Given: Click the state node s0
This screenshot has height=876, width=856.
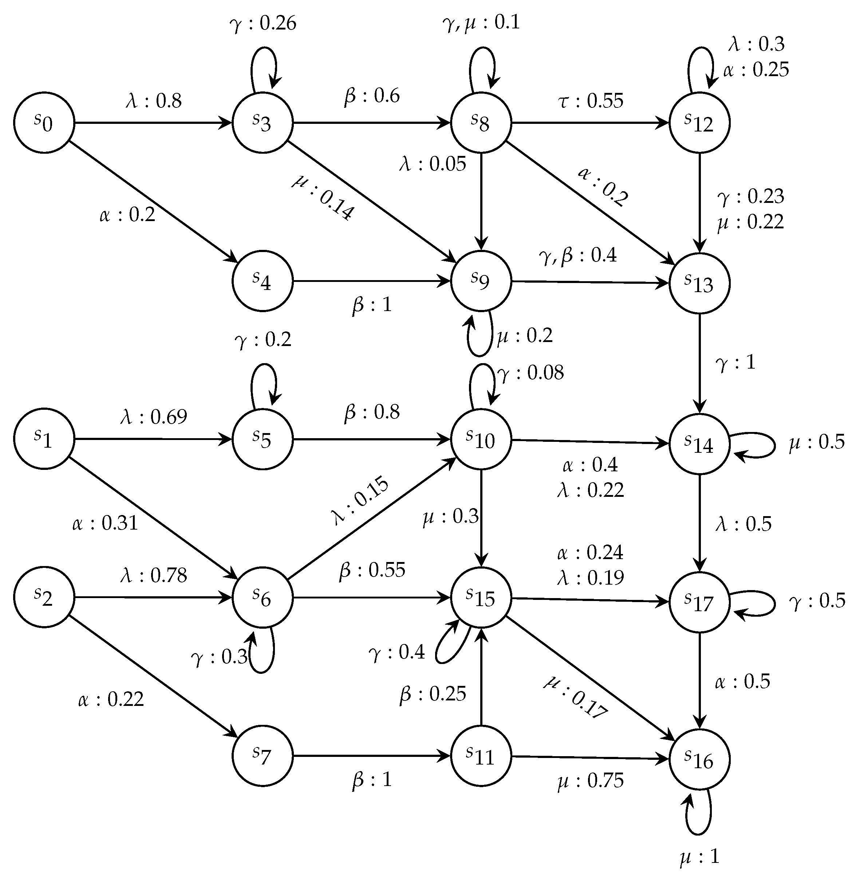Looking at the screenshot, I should point(44,122).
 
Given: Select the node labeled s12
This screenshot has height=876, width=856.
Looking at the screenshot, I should point(699,122).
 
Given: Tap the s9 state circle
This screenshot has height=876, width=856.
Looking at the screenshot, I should point(481,281).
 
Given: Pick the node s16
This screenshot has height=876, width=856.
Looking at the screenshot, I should point(699,759).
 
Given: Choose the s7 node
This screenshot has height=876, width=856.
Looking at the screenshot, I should point(263,756).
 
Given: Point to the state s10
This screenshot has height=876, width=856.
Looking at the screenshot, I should point(481,439).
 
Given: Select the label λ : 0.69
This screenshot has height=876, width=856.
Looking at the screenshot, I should point(154,417).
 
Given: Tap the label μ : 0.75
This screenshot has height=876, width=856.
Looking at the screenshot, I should point(591,781).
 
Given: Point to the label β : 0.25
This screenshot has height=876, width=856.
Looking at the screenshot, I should point(433,694).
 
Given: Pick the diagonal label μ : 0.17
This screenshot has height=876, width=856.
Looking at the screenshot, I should point(576,696).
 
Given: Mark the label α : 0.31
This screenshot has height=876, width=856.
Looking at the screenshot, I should point(105,523).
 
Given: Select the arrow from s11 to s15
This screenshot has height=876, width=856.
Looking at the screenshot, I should point(481,677).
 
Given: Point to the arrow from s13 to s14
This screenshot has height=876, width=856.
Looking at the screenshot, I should point(699,364).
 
